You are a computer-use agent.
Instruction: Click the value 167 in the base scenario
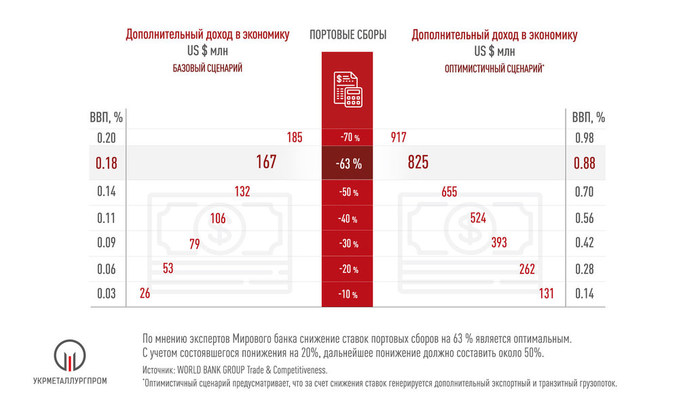click(x=266, y=163)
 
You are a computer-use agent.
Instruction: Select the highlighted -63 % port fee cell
click(x=348, y=164)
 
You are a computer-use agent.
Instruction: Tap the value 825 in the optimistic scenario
click(x=418, y=163)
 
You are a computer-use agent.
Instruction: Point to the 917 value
click(x=398, y=138)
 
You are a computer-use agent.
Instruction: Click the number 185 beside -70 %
click(x=294, y=138)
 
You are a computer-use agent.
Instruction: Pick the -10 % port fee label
click(x=348, y=294)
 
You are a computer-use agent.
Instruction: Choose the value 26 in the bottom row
click(x=144, y=294)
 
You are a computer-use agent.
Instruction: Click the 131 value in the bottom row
click(x=547, y=294)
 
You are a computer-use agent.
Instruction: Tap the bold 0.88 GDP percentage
click(x=584, y=163)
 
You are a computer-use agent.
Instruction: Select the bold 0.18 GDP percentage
click(x=106, y=163)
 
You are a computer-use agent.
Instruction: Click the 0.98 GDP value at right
click(x=584, y=138)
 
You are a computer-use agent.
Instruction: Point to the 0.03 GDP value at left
click(x=106, y=294)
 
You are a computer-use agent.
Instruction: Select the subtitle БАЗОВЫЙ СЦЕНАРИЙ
click(x=206, y=68)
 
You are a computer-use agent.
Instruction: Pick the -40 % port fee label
click(x=348, y=219)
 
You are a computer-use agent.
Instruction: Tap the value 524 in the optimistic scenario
click(x=478, y=218)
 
